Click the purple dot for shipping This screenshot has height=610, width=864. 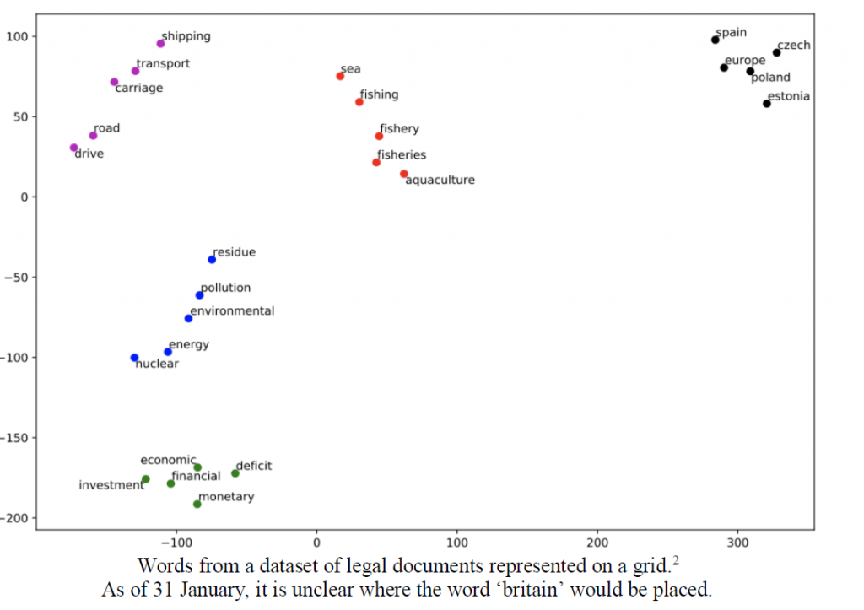(x=160, y=44)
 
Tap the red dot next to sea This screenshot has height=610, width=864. (x=340, y=76)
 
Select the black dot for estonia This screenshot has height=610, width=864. (x=766, y=104)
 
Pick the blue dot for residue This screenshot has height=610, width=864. (x=212, y=259)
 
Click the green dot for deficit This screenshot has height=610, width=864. (x=235, y=473)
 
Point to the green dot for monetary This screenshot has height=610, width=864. (x=197, y=505)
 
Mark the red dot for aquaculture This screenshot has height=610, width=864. (x=404, y=174)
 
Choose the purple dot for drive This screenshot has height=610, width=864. (x=73, y=148)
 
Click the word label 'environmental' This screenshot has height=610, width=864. (x=232, y=310)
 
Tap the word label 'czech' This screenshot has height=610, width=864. (x=793, y=45)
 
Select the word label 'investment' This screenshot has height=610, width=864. (x=111, y=485)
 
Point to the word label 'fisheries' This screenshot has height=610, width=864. (x=402, y=154)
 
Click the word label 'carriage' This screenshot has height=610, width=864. (x=138, y=88)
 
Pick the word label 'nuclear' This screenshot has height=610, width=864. (x=157, y=364)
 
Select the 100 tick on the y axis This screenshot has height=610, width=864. (x=17, y=36)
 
